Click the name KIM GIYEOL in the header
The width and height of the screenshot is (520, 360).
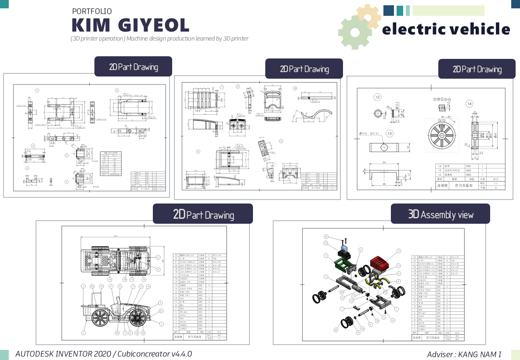(130, 25)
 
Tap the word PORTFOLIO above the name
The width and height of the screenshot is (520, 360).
(92, 11)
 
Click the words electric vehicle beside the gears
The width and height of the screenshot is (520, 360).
(446, 29)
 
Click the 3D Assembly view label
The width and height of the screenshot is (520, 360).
(440, 215)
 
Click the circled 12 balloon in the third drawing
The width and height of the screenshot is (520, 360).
(377, 97)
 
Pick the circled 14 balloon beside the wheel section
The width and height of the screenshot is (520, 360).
(469, 104)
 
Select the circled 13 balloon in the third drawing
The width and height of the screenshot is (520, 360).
(390, 133)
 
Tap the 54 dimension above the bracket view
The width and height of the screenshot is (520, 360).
(384, 163)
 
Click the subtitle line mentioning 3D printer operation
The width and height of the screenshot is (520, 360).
(159, 38)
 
